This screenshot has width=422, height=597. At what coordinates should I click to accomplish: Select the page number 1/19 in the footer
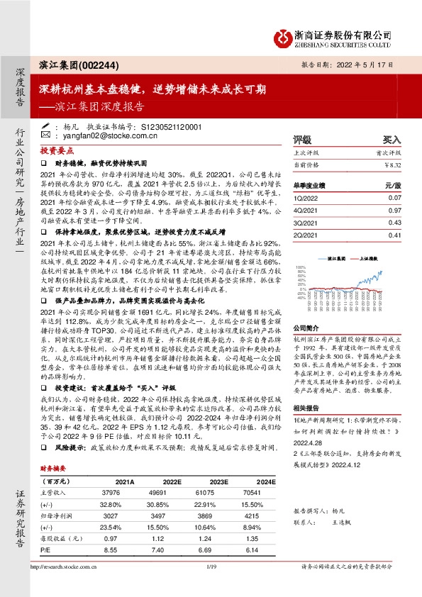coord(211,587)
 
